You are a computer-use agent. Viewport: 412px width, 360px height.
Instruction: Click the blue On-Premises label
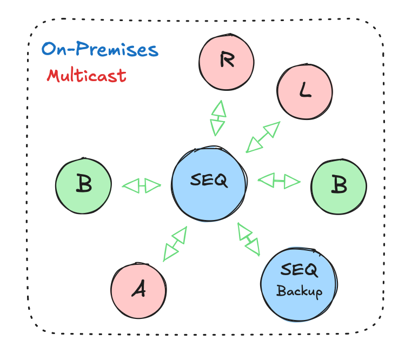coord(100,50)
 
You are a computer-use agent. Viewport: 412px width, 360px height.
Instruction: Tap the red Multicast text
coord(87,75)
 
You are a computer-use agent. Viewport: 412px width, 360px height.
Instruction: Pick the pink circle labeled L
coord(305,91)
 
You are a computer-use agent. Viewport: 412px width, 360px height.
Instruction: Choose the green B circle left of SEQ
coord(84,185)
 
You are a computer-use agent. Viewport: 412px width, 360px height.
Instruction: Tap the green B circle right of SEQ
coord(338,186)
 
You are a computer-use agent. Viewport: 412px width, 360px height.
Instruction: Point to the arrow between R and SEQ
coord(218,118)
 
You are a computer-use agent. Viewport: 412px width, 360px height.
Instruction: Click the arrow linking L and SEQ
coord(263,137)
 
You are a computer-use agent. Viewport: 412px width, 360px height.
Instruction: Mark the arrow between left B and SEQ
coord(142,186)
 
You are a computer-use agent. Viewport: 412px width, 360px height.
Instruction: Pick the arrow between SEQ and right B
coord(279,181)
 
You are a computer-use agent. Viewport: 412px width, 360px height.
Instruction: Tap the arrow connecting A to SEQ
coord(175,244)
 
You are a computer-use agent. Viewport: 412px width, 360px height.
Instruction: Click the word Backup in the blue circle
coord(299,291)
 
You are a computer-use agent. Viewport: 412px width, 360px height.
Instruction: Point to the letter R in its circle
coord(227,61)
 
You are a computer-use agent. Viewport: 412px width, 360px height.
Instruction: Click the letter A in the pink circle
coord(139,290)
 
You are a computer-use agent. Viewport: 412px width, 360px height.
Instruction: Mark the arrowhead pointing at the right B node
coord(292,182)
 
